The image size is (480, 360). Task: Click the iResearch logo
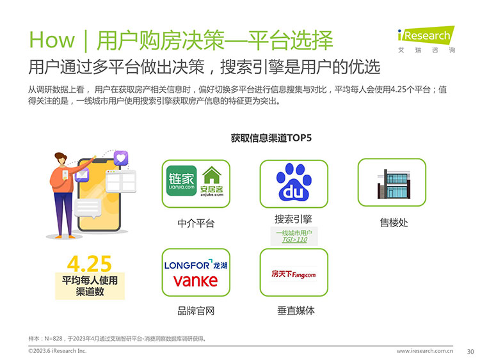pos(426,39)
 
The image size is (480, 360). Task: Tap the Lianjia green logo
pos(181,181)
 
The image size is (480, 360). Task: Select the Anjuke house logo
pos(212,181)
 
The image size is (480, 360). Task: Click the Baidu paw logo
pos(294,182)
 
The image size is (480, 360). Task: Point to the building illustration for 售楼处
pos(394,184)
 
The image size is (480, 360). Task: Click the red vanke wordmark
pos(196,281)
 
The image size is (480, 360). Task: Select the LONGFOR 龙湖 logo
pos(196,265)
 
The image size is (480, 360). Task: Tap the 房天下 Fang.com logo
pos(294,274)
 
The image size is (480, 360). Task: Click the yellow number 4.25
pos(90,263)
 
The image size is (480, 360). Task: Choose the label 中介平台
pos(196,223)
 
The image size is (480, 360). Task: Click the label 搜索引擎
pos(293,219)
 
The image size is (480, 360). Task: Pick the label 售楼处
pos(394,223)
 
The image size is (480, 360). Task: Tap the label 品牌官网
pos(196,311)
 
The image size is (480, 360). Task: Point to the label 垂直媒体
pos(296,311)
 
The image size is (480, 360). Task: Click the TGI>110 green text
pos(294,240)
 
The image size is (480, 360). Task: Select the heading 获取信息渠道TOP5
pos(271,138)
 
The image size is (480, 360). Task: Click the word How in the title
pos(52,40)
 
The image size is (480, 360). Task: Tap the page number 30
pos(470,352)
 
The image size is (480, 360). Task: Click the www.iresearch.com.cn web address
pos(425,351)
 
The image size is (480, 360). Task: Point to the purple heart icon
pos(121,158)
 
